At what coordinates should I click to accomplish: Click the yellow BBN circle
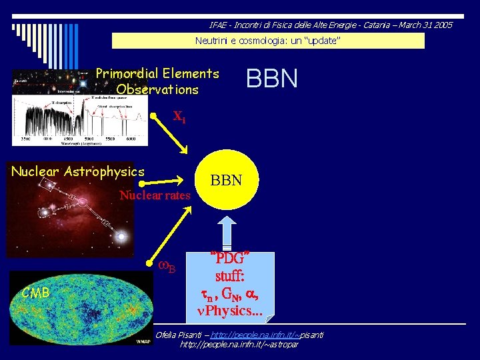tap(226, 181)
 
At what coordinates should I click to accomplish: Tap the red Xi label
tap(179, 117)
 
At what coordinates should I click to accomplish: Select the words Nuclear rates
tap(155, 195)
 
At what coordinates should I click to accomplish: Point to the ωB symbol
tap(167, 267)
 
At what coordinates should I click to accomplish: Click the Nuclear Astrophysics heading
tap(77, 171)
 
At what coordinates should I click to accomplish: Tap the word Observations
tap(157, 89)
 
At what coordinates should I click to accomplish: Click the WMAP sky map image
tap(80, 310)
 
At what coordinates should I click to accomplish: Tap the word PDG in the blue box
tap(230, 257)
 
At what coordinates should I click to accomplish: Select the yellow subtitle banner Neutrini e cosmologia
tap(268, 41)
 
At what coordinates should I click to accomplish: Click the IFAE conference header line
tap(331, 25)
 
